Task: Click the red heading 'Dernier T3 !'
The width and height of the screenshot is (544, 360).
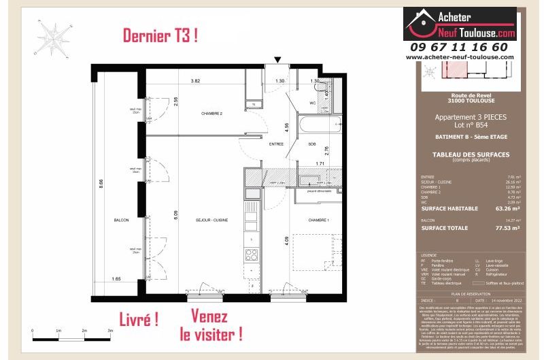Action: (x=160, y=36)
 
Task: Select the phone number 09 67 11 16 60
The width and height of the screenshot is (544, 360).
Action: (x=459, y=47)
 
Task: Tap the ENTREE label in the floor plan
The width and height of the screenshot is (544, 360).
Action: (x=276, y=144)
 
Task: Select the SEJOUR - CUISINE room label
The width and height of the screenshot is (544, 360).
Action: (x=211, y=220)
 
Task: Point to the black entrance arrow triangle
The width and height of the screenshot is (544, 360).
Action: (x=276, y=61)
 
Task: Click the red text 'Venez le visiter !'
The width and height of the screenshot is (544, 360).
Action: (x=209, y=325)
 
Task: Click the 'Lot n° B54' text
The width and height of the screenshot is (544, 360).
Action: (x=471, y=125)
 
